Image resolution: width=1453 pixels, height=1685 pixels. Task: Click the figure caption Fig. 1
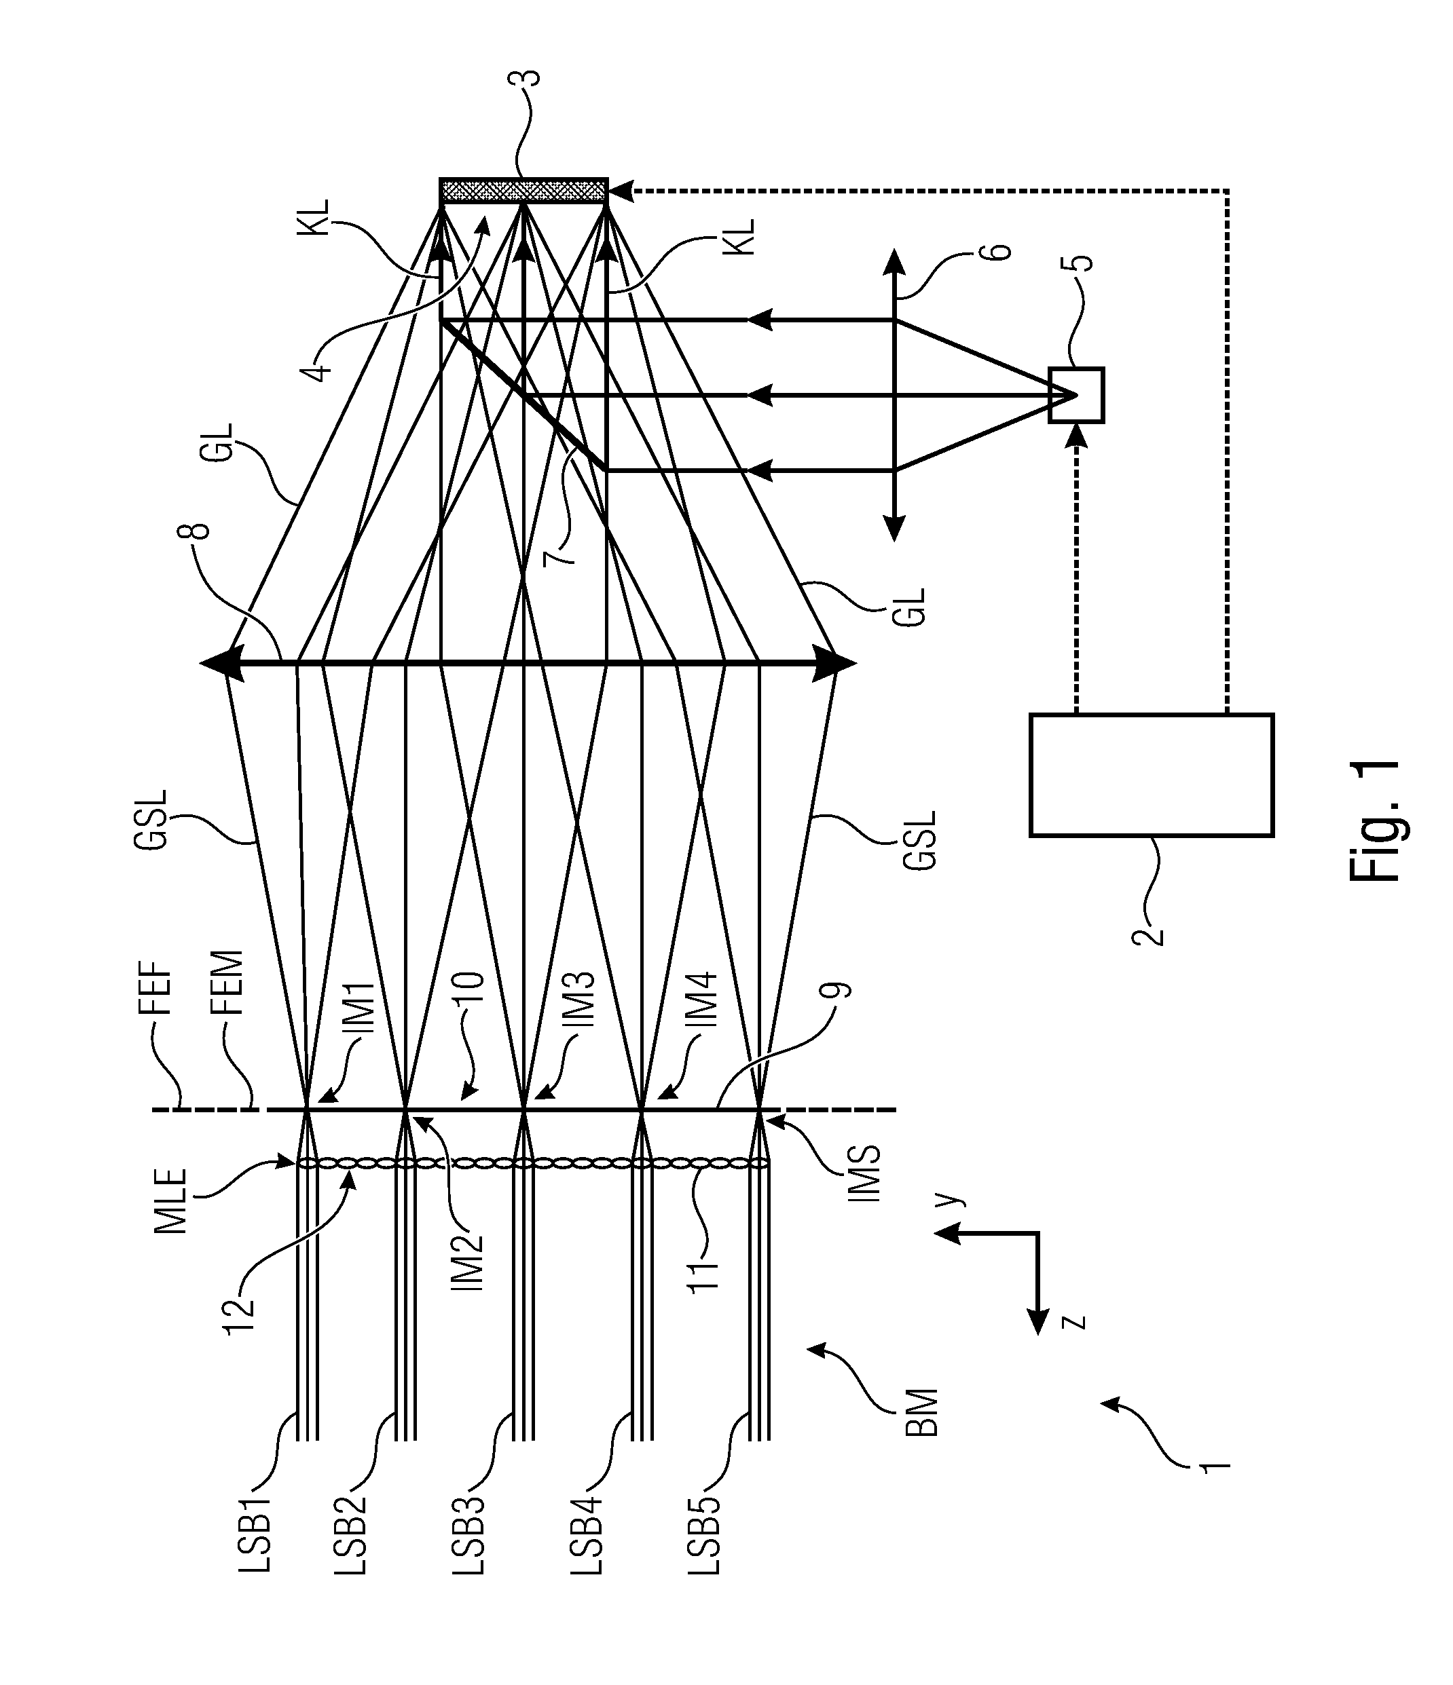point(1375,821)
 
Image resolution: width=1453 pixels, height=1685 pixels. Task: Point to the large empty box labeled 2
point(1151,775)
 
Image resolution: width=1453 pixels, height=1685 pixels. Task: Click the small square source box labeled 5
point(1076,395)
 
